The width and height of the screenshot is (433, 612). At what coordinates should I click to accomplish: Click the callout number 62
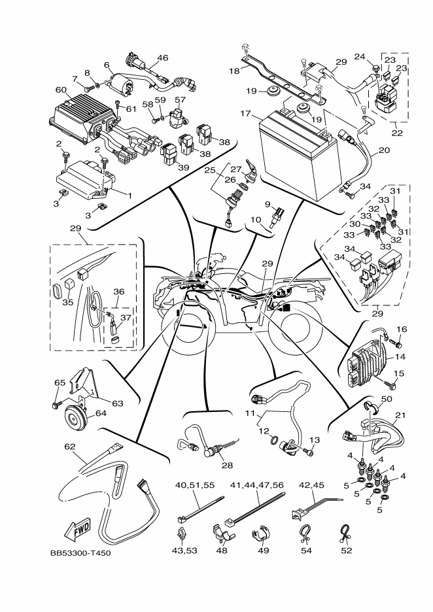coord(69,448)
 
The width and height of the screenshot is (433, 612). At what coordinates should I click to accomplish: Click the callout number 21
coord(400,415)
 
